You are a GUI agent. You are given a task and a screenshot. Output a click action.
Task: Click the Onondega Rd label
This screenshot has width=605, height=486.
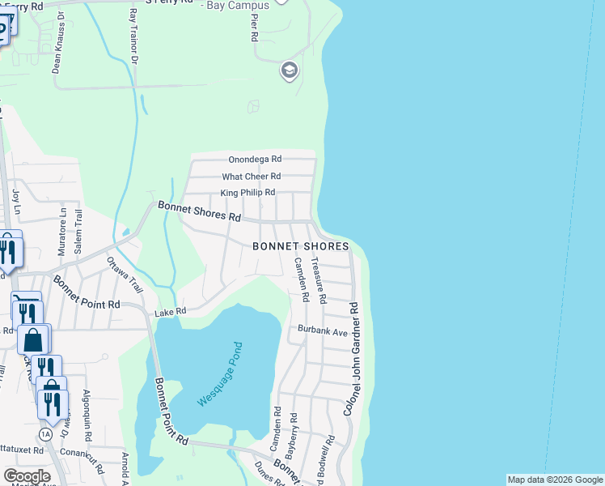254,160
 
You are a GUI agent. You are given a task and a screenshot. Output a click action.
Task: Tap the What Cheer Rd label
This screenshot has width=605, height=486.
251,177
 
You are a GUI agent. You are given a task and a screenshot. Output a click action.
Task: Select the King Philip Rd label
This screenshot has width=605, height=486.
247,193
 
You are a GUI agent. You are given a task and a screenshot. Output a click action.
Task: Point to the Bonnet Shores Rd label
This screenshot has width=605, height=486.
200,212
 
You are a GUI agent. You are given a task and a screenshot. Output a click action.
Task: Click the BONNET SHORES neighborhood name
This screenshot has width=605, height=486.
300,246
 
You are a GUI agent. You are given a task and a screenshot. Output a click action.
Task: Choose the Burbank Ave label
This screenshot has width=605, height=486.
322,331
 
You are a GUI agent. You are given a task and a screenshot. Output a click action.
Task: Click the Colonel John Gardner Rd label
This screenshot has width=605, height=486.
352,360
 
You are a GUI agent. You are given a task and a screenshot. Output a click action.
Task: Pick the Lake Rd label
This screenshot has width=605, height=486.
171,310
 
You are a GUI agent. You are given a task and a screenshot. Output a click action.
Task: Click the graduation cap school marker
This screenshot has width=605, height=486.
289,71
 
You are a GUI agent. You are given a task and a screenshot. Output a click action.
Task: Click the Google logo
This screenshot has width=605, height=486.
27,476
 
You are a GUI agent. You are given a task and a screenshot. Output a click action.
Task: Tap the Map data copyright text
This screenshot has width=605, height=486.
555,480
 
